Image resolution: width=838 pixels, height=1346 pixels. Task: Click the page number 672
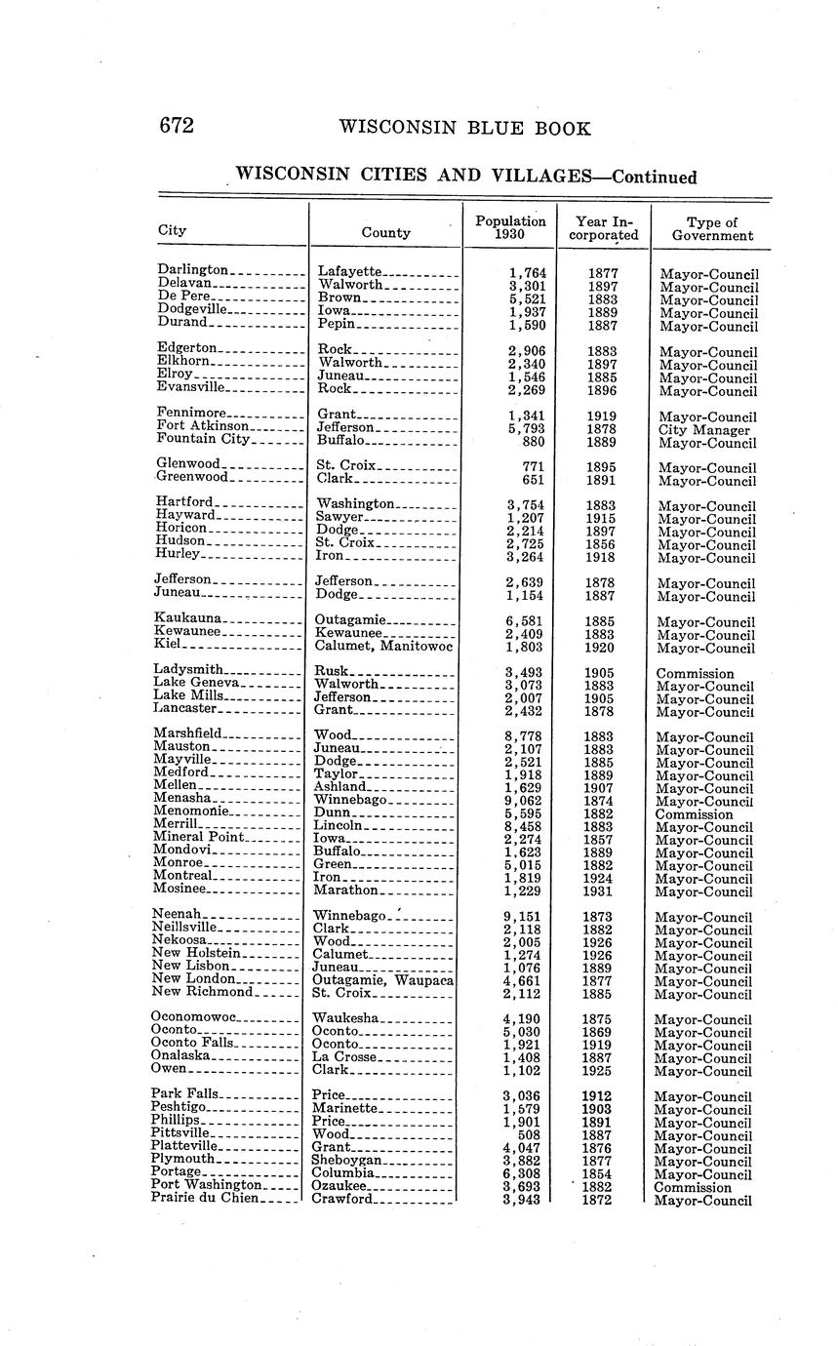177,127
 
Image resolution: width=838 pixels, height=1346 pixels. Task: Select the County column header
385,233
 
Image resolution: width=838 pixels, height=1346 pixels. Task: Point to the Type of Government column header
712,228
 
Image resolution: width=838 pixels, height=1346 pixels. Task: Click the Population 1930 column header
510,228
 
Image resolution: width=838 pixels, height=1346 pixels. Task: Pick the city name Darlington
192,269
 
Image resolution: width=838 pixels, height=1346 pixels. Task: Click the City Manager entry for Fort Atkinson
704,430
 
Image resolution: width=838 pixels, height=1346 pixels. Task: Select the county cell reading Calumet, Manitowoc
383,648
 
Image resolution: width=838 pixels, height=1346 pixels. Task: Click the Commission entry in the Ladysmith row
695,674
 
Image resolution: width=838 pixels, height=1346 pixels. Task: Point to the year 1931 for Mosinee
598,891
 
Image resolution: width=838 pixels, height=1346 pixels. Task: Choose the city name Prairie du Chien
205,1199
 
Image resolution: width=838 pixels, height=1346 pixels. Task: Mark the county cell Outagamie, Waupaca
382,980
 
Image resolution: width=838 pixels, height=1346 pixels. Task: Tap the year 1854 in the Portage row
598,1173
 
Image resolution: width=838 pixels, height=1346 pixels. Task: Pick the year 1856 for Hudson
600,545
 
